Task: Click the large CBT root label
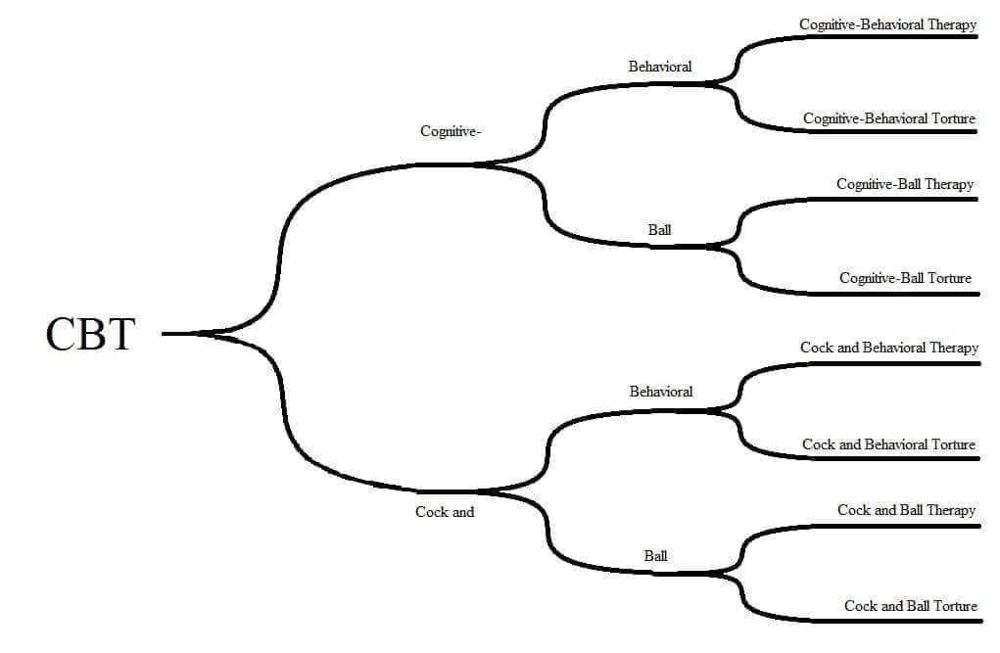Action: click(x=90, y=334)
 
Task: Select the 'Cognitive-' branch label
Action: click(x=451, y=132)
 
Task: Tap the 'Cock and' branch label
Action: click(x=445, y=511)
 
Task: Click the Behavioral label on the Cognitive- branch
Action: click(x=660, y=67)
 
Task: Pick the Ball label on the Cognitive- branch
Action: click(x=659, y=229)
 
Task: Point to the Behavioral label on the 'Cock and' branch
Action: click(x=661, y=392)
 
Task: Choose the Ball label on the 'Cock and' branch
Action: click(x=655, y=556)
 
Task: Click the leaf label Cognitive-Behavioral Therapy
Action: click(x=887, y=24)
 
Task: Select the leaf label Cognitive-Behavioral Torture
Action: click(x=889, y=118)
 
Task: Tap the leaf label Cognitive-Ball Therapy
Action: click(x=905, y=184)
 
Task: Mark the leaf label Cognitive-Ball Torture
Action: click(x=905, y=278)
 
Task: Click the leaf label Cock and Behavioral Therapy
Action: click(x=889, y=348)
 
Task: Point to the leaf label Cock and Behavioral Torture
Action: click(x=888, y=444)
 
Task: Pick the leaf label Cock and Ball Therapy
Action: click(x=906, y=510)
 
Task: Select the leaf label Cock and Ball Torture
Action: click(x=910, y=606)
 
